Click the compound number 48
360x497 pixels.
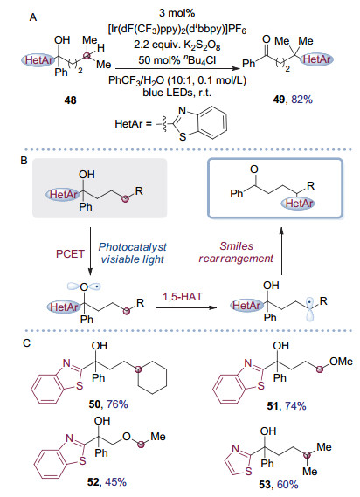70,100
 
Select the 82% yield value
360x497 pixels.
301,100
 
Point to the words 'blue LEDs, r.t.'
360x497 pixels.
177,93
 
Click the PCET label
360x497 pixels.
71,254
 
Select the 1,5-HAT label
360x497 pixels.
183,297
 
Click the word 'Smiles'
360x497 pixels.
237,246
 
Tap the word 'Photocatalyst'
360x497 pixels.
132,247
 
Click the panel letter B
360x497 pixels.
24,161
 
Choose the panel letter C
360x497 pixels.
26,343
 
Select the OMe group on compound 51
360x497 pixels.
341,362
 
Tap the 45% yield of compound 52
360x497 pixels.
115,482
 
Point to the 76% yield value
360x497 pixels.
117,404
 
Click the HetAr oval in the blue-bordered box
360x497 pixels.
298,204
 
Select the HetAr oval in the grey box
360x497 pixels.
63,194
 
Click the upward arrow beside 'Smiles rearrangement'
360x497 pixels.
281,251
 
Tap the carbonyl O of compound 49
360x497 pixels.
267,39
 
